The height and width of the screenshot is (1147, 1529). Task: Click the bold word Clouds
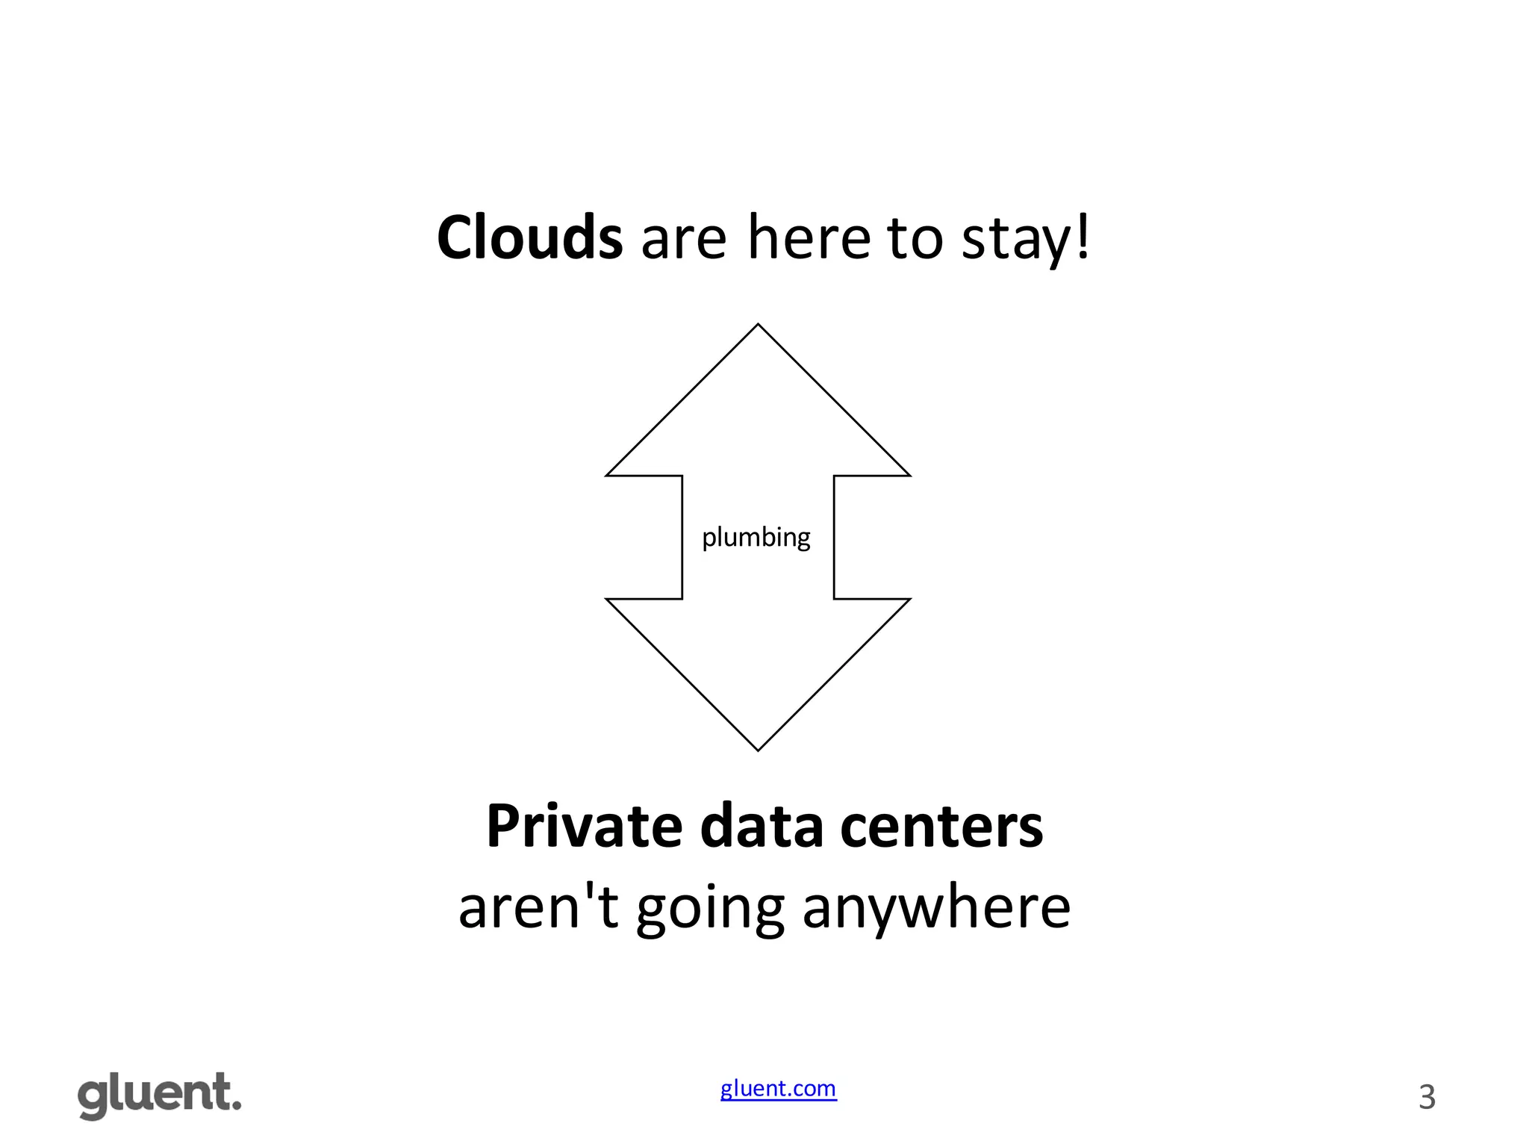pyautogui.click(x=529, y=237)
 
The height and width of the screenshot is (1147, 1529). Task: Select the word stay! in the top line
pyautogui.click(x=1026, y=239)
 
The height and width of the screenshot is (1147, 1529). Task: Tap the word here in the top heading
pyautogui.click(x=809, y=237)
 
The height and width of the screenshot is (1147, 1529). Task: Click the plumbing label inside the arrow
pyautogui.click(x=756, y=538)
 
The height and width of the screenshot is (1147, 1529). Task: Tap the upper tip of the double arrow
pyautogui.click(x=758, y=326)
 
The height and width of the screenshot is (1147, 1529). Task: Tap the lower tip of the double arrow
pyautogui.click(x=758, y=749)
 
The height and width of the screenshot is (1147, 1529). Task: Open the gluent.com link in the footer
pyautogui.click(x=778, y=1089)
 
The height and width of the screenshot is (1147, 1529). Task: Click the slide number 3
pyautogui.click(x=1427, y=1097)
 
